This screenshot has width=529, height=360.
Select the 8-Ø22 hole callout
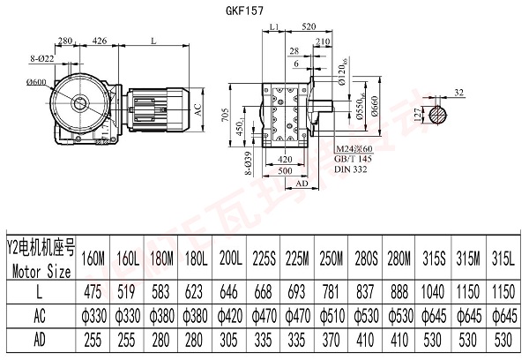[41, 58]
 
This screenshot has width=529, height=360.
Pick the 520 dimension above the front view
[308, 28]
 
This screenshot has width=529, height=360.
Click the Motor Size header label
[40, 260]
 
